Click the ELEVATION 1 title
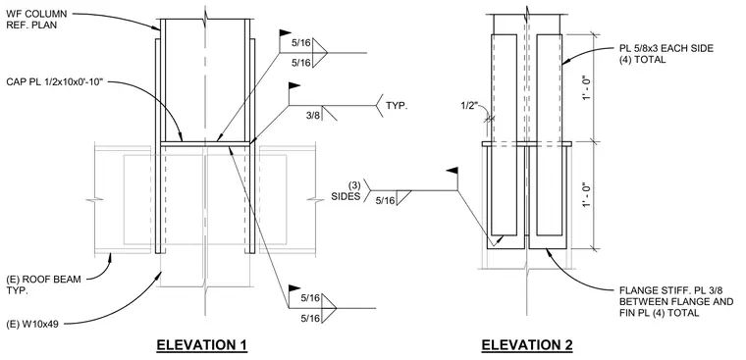[202, 344]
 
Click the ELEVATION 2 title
[527, 344]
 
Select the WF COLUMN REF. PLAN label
[36, 19]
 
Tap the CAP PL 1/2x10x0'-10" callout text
[55, 81]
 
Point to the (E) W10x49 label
[32, 326]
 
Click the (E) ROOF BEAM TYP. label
[43, 284]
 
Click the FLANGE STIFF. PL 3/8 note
[676, 301]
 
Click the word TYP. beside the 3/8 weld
[397, 106]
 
